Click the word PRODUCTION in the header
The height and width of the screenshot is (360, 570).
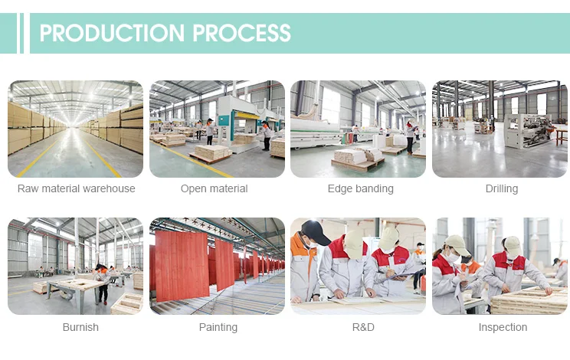point(112,33)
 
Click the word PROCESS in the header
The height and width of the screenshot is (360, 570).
point(242,33)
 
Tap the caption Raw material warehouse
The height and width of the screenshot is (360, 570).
point(77,188)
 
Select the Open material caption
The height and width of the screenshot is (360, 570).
point(214,189)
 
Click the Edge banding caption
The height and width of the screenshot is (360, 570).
point(361,189)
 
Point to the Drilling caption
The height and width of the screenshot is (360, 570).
point(502,189)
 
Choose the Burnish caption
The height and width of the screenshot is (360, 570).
point(80,327)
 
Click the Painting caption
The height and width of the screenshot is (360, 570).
point(218,327)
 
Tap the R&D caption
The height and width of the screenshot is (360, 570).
point(363,327)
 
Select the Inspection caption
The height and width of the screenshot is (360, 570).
point(503,327)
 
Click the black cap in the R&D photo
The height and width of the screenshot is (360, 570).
point(315,232)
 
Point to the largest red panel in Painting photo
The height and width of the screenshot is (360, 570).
point(182,265)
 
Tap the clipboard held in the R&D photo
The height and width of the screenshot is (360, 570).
point(404,276)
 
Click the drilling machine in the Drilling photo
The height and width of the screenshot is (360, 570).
point(528,131)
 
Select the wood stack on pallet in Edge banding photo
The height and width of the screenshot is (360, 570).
point(358,159)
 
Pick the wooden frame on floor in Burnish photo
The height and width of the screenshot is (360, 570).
point(127,303)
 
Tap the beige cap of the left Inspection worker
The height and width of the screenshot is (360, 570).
point(457,244)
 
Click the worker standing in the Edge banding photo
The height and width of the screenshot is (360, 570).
point(411,137)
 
